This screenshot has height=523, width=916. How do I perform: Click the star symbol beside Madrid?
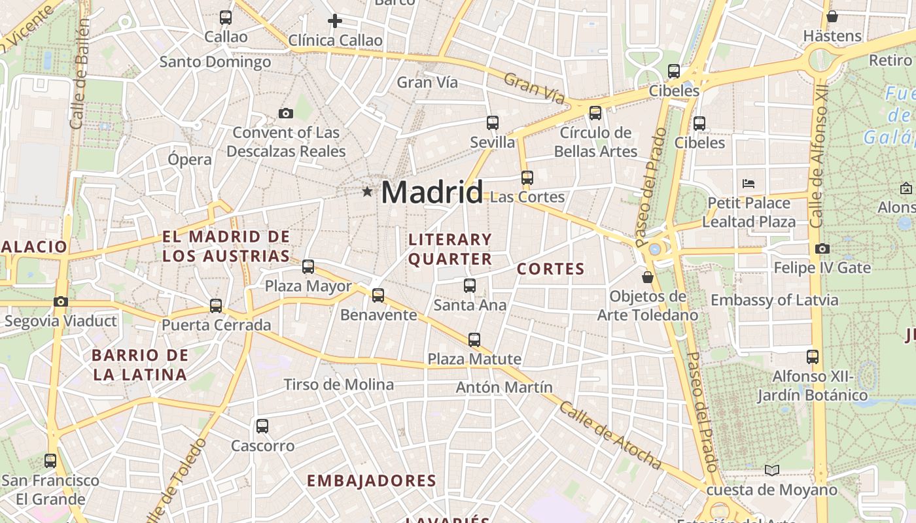tap(367, 192)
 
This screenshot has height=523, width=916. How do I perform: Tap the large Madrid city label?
tap(432, 192)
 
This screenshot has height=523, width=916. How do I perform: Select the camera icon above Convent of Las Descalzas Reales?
tap(285, 114)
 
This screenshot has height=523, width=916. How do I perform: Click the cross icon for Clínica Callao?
tap(335, 21)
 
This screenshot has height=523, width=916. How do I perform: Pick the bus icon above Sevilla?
tap(493, 122)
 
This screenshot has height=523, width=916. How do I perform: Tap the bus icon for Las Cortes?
tap(527, 177)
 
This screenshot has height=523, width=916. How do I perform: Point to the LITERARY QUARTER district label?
tap(450, 249)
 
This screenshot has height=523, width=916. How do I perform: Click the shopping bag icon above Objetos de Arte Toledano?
tap(648, 277)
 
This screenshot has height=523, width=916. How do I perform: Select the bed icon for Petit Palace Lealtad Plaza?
tap(749, 184)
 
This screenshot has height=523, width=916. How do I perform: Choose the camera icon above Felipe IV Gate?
tap(822, 248)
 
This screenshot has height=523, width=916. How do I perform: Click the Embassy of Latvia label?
tap(774, 300)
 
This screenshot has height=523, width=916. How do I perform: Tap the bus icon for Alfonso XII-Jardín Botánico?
tap(813, 356)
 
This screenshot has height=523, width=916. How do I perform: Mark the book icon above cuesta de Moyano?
tap(772, 470)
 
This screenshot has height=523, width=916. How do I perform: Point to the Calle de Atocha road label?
tap(610, 435)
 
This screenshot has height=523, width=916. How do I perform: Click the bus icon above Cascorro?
tap(262, 426)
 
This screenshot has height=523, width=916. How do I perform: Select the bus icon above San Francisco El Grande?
tap(50, 460)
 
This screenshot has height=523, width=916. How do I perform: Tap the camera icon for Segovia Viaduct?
tap(61, 301)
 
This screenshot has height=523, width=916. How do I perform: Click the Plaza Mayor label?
tap(308, 286)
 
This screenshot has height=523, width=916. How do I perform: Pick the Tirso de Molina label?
tap(338, 384)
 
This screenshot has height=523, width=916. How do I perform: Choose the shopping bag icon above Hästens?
tap(832, 16)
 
